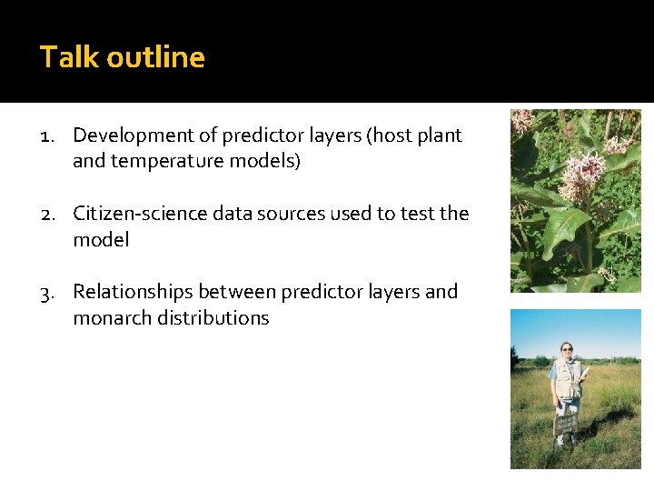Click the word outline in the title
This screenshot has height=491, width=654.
tap(155, 57)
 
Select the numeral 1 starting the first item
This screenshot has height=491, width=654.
tap(45, 136)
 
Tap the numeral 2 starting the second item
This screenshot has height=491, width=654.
tap(46, 215)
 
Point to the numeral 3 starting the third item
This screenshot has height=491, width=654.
tap(46, 293)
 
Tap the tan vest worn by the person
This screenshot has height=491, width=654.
tap(567, 378)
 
